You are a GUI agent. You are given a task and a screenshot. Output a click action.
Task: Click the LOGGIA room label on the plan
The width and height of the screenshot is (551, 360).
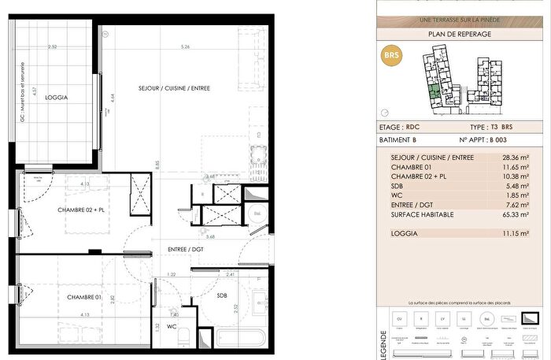tap(57, 98)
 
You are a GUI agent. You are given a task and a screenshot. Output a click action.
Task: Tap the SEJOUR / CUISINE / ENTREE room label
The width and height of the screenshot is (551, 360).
tap(174, 88)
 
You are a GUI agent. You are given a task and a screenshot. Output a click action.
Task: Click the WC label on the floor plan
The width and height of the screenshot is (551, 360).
tap(171, 325)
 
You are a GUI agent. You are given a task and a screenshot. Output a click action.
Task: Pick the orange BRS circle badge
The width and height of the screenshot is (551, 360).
tap(391, 57)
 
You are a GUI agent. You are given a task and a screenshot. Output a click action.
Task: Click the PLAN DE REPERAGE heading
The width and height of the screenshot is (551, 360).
tap(460, 34)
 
